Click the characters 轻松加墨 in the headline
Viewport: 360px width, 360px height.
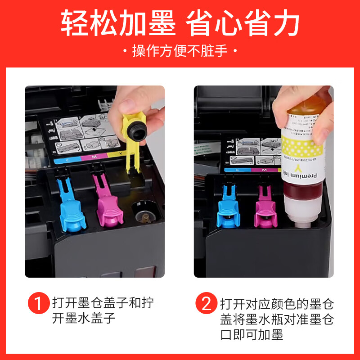point(118,23)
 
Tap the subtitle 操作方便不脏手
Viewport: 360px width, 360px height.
point(180,51)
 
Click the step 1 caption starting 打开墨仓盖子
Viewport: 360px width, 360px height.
point(103,310)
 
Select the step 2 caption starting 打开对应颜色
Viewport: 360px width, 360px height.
point(276,319)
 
